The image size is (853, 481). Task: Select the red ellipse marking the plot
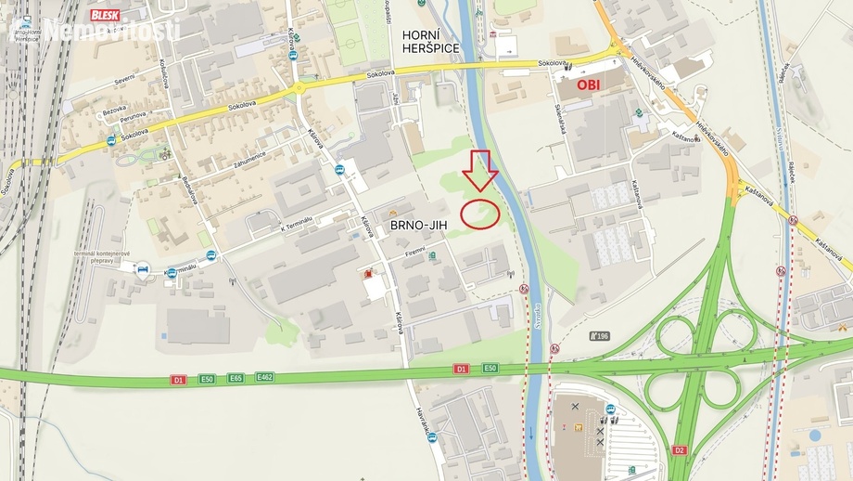pos(480,214)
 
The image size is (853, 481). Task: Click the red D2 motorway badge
pos(679,450)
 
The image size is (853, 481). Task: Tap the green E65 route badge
pos(236,378)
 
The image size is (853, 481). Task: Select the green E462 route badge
pos(264,377)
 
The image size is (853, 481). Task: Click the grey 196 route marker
pos(600,335)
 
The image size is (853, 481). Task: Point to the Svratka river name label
pos(538,316)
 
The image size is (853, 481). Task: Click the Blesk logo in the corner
pos(105,15)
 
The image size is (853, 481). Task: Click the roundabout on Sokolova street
pos(299,89)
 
